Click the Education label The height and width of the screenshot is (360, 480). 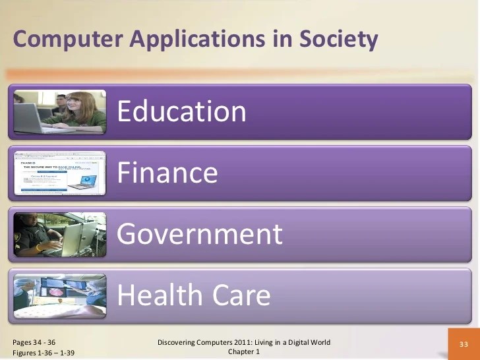click(x=182, y=111)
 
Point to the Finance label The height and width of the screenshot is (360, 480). click(x=167, y=173)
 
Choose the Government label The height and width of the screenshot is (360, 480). click(x=200, y=234)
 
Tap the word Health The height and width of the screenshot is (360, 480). click(x=156, y=295)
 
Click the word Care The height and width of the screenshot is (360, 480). click(x=237, y=295)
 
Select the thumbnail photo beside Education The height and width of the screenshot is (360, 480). click(x=60, y=111)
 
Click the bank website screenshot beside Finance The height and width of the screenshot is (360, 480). click(x=60, y=173)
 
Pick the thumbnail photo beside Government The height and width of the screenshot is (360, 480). click(x=60, y=234)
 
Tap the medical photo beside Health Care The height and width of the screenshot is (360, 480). click(x=60, y=295)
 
